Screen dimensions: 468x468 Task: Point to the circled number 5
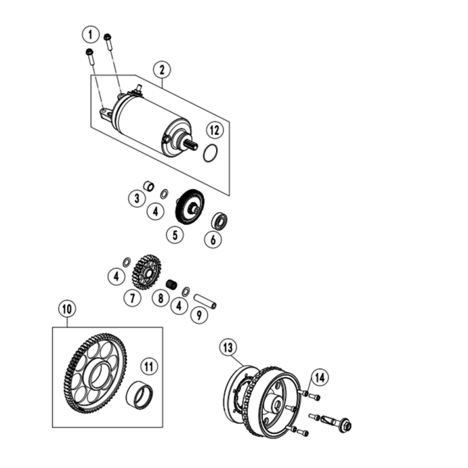pyautogui.click(x=176, y=235)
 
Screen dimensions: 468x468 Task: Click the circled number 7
pyautogui.click(x=132, y=298)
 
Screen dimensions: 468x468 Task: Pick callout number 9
pyautogui.click(x=198, y=316)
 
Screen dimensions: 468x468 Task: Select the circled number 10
pyautogui.click(x=67, y=309)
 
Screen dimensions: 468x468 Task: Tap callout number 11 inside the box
pyautogui.click(x=148, y=366)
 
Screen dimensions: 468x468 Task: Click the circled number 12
pyautogui.click(x=213, y=130)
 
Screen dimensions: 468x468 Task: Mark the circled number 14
pyautogui.click(x=320, y=378)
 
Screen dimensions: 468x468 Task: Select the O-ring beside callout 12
pyautogui.click(x=211, y=152)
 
